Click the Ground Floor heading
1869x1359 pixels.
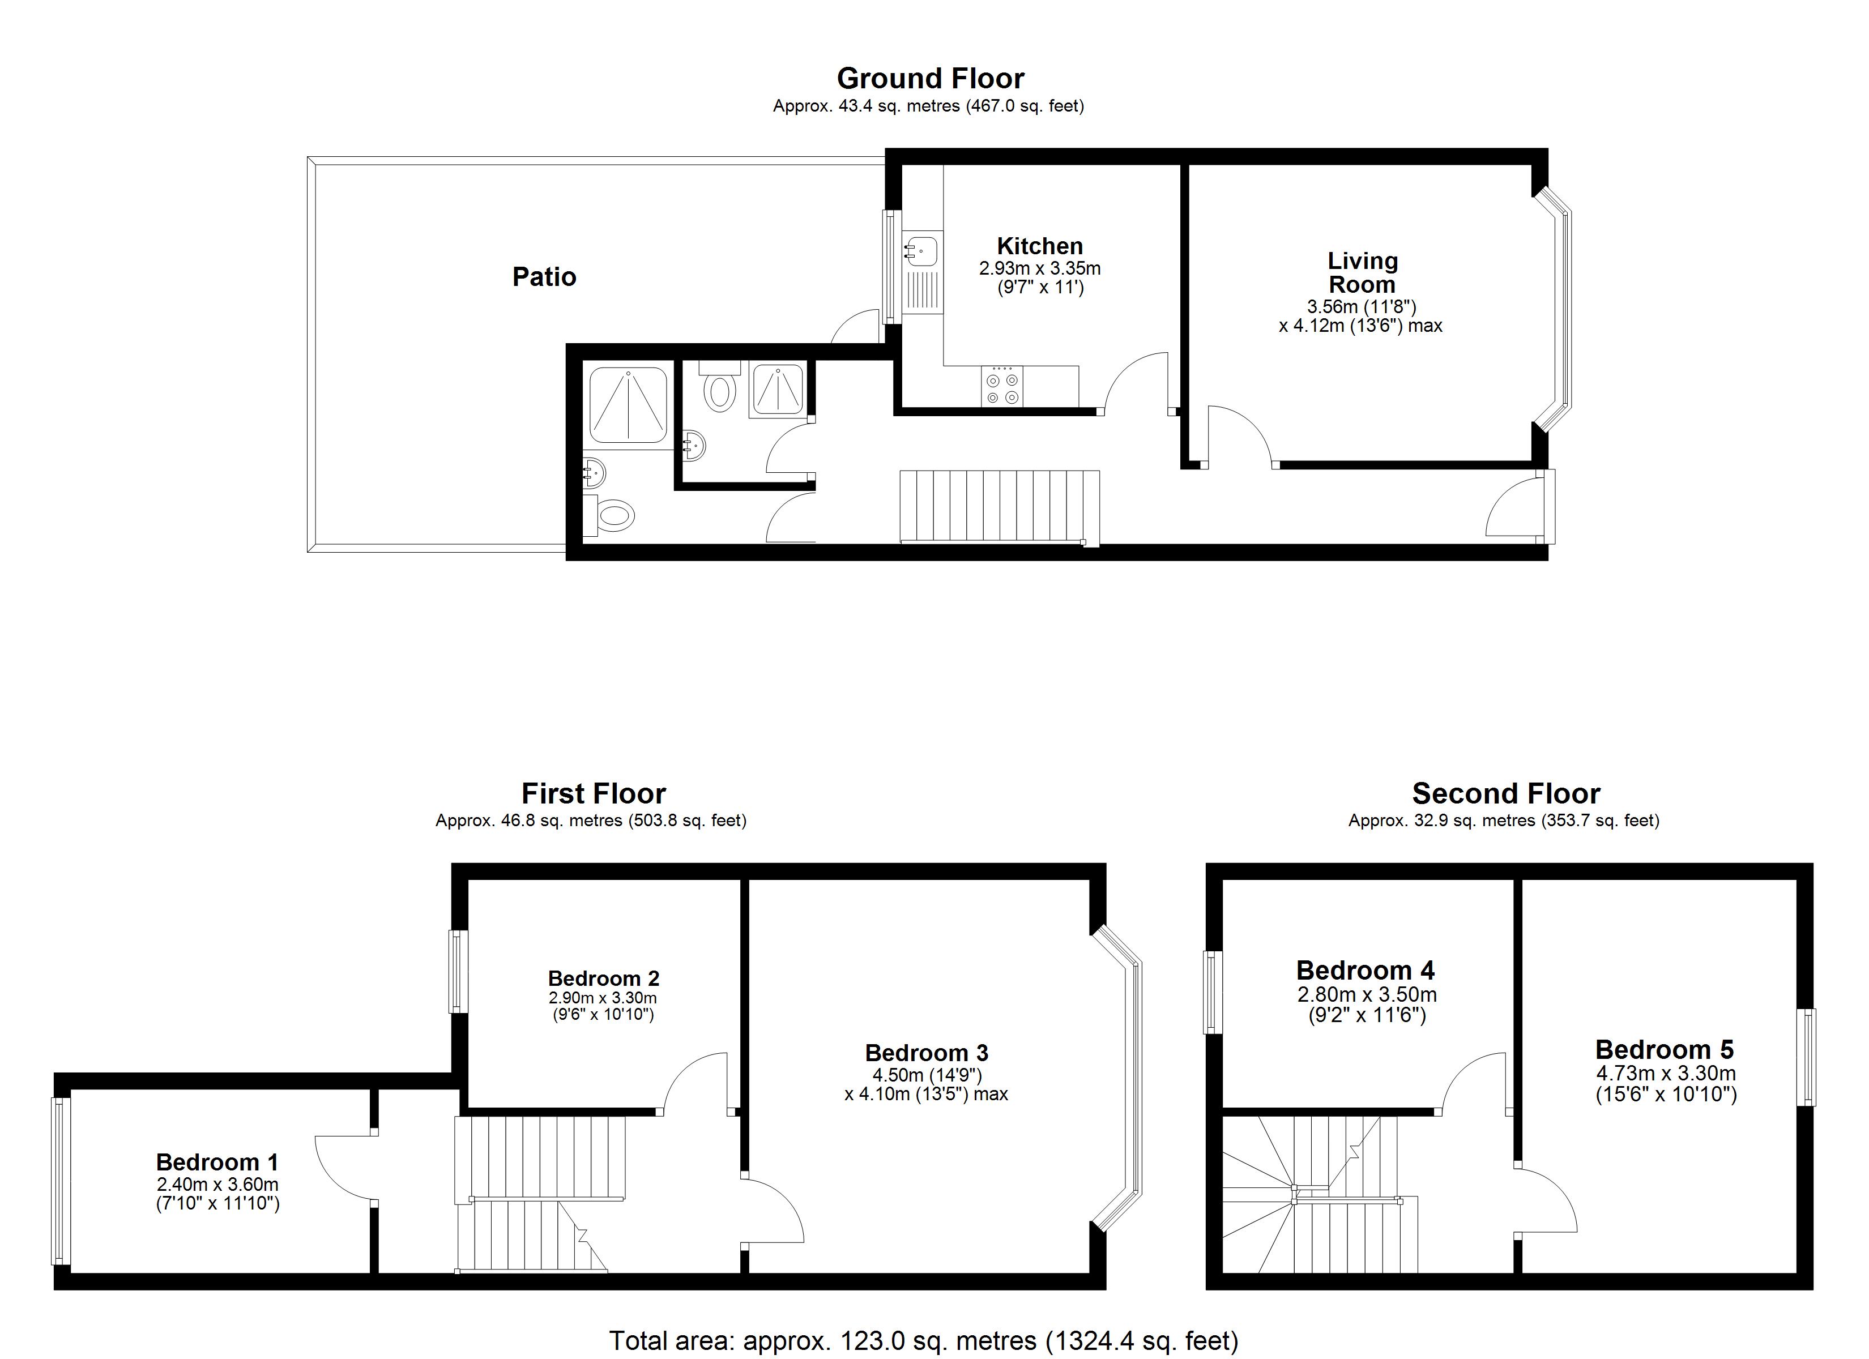coord(931,78)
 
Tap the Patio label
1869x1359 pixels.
coord(544,276)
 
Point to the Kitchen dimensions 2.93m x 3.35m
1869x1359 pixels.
coord(1039,268)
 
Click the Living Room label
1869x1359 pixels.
coord(1362,273)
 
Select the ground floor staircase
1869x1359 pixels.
coord(998,506)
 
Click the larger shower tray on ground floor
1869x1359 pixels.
coord(628,405)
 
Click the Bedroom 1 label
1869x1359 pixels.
coord(217,1162)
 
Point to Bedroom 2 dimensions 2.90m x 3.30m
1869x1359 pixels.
coord(603,998)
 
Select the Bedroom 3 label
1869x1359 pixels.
coord(926,1053)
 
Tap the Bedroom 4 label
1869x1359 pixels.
coord(1366,970)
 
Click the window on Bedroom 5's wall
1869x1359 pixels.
coord(1806,1057)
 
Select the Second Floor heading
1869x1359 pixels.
coord(1505,794)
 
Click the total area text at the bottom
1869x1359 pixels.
coord(923,1341)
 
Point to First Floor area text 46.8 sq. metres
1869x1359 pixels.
coord(591,821)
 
